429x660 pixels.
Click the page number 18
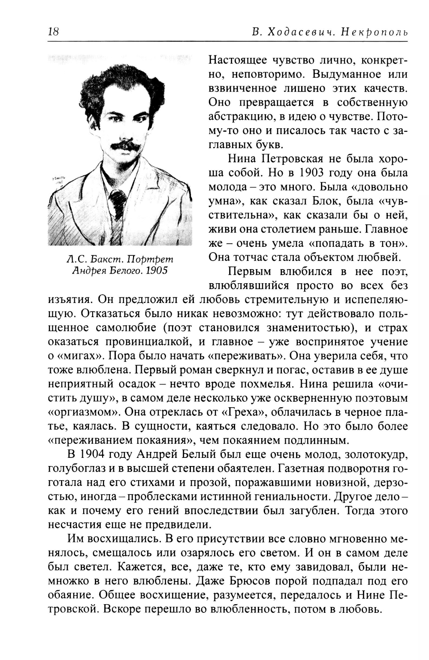54,32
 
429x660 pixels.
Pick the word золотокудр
369,454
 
